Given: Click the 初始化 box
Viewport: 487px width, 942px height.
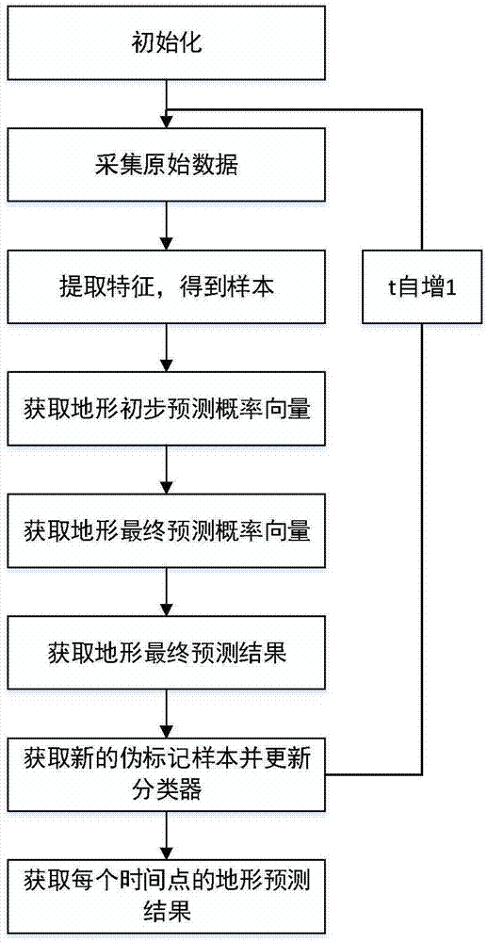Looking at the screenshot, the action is tap(167, 42).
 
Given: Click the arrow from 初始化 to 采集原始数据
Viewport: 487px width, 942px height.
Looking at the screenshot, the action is tap(167, 104).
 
